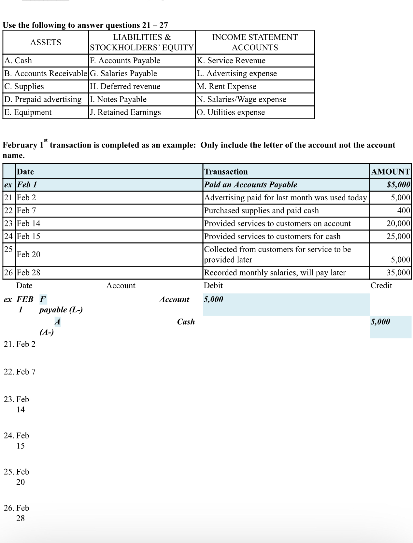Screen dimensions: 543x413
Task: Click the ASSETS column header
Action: [x=46, y=42]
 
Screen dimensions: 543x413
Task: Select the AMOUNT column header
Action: [x=390, y=172]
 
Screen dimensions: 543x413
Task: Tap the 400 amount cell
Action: [x=403, y=210]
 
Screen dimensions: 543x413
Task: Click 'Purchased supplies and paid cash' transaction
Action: [x=261, y=210]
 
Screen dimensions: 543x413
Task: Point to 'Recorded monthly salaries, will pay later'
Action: [x=275, y=273]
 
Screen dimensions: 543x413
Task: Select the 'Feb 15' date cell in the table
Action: [x=28, y=236]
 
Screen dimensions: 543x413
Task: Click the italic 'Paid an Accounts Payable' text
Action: [x=250, y=185]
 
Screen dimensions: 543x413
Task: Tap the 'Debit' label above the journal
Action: [x=213, y=286]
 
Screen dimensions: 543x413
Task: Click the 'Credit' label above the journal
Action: [x=381, y=286]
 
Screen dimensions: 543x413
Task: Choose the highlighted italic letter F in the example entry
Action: [x=43, y=299]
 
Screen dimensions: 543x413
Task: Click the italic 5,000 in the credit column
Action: [x=380, y=322]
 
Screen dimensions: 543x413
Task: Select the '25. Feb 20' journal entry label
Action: [x=16, y=477]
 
